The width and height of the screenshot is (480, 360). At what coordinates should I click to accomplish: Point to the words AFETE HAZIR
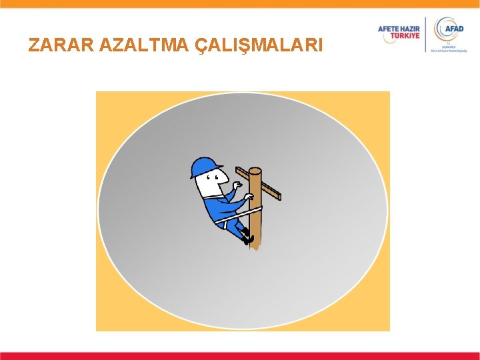[399, 29]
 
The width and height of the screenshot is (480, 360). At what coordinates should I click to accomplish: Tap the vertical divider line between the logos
[427, 35]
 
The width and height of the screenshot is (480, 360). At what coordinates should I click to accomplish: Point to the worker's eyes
[211, 178]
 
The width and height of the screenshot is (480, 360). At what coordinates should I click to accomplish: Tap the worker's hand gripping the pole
[248, 197]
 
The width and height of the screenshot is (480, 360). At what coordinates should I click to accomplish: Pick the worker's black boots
[248, 237]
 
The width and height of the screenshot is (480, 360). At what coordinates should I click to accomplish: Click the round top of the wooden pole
[255, 171]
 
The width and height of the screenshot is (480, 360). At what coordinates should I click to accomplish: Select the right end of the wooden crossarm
[278, 196]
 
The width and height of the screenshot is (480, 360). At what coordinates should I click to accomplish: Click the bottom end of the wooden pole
[255, 247]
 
